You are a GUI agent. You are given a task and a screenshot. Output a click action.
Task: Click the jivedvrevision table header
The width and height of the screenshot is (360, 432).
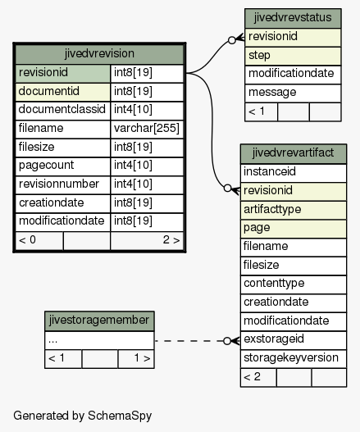tap(99, 53)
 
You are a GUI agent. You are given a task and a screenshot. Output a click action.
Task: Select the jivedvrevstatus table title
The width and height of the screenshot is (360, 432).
tap(293, 18)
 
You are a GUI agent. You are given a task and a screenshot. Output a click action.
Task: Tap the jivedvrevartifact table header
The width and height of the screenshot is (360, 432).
tap(294, 153)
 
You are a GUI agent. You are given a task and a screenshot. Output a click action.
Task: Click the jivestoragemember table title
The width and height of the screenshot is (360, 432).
tap(99, 321)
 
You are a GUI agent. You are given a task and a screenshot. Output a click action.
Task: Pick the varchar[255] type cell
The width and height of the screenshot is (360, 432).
tap(147, 129)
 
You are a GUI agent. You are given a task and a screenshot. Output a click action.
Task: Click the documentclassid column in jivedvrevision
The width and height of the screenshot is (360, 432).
tap(62, 110)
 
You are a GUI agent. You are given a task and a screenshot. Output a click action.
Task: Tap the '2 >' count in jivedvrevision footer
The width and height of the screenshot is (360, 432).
tap(171, 240)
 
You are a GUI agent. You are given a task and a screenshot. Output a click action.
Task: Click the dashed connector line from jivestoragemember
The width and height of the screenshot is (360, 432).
tap(189, 341)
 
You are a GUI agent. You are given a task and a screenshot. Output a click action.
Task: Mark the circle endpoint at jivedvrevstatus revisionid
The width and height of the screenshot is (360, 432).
tap(232, 40)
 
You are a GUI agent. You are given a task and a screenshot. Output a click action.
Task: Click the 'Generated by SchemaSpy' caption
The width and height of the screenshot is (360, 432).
tap(83, 416)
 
